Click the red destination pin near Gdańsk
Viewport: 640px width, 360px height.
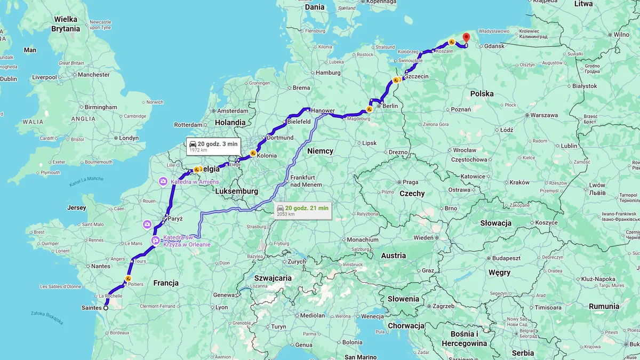click(466, 37)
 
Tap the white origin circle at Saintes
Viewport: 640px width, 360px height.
click(106, 308)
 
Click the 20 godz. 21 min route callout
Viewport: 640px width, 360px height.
click(303, 210)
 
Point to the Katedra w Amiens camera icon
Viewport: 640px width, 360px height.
click(163, 182)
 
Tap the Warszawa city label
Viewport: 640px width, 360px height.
click(544, 115)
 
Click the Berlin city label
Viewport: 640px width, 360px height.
click(390, 106)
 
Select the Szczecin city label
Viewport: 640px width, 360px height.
click(417, 77)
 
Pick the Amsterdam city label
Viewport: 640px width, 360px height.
click(233, 111)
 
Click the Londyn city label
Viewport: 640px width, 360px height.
click(129, 138)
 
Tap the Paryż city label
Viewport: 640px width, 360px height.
click(174, 219)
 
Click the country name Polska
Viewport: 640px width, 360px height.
click(482, 94)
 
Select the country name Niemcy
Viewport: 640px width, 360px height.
click(321, 151)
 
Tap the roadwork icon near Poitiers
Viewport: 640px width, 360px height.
click(128, 278)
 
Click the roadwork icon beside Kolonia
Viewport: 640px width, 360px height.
click(253, 154)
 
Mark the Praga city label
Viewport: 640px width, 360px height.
click(410, 182)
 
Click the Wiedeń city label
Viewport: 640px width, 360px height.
click(424, 237)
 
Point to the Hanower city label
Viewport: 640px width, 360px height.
click(323, 111)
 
